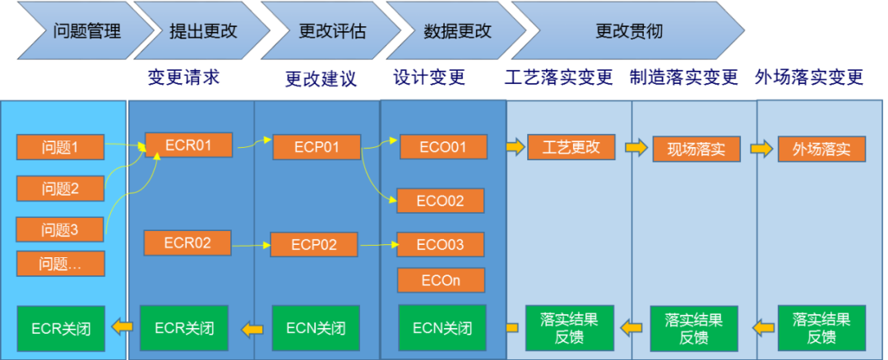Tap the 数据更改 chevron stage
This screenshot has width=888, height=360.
[x=457, y=32]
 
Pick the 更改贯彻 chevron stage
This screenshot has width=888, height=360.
[x=629, y=32]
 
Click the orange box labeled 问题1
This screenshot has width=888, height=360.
[x=60, y=148]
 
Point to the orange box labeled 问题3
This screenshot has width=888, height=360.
[x=60, y=230]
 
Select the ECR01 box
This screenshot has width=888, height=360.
[x=188, y=145]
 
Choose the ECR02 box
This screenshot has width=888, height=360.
[x=187, y=243]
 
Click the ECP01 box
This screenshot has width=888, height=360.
[x=317, y=147]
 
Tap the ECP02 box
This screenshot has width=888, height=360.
[x=314, y=245]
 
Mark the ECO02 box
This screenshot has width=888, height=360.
[x=441, y=201]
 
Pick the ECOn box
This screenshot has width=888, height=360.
[x=441, y=280]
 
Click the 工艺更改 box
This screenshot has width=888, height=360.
[x=571, y=147]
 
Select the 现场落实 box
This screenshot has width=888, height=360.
[x=696, y=149]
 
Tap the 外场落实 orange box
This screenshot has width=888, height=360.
[x=821, y=150]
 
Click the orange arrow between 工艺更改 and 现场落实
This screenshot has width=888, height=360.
[x=636, y=148]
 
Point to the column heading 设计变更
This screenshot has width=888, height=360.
[x=429, y=78]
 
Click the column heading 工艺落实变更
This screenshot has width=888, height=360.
[x=558, y=78]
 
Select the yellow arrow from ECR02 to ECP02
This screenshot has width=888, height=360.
[x=251, y=244]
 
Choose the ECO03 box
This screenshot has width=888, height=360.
[x=441, y=244]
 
